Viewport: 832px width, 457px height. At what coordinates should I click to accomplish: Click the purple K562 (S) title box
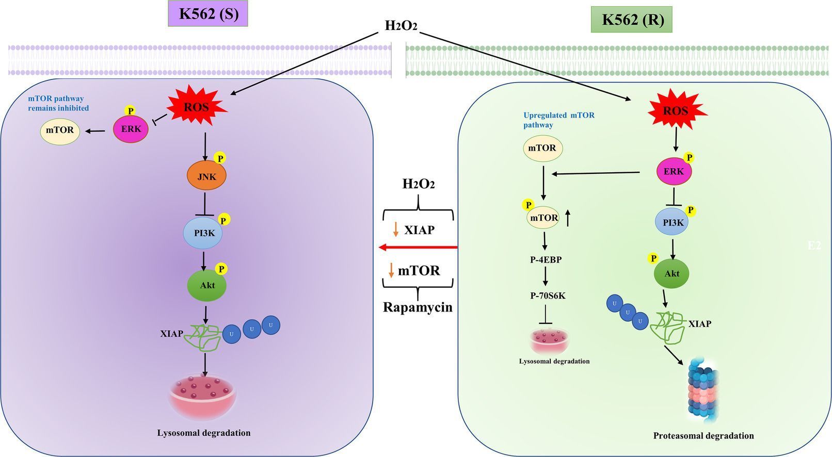[x=209, y=14]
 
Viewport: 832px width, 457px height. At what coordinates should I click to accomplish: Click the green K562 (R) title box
[x=632, y=20]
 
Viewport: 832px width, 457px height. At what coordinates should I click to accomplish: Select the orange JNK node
[x=206, y=176]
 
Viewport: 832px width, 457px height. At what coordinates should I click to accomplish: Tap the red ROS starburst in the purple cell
[x=197, y=107]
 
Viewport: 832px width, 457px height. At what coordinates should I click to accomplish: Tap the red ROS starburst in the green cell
[x=675, y=110]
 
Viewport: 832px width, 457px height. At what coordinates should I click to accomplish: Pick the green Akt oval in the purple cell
[x=206, y=285]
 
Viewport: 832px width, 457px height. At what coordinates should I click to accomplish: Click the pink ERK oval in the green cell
[x=674, y=171]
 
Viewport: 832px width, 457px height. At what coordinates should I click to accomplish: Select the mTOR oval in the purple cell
[x=60, y=130]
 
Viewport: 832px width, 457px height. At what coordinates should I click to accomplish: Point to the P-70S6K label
[x=548, y=296]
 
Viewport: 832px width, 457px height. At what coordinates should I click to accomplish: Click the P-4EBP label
[x=546, y=260]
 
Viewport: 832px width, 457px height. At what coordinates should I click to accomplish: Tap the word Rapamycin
[x=418, y=307]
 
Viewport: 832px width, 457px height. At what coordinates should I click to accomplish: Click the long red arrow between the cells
[x=418, y=248]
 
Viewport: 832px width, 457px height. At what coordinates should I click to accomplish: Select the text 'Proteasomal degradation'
[x=703, y=436]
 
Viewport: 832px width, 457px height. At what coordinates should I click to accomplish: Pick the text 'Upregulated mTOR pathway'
[x=558, y=120]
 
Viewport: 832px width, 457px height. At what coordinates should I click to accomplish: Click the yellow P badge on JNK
[x=220, y=158]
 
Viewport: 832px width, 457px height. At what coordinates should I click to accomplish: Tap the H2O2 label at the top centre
[x=401, y=25]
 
